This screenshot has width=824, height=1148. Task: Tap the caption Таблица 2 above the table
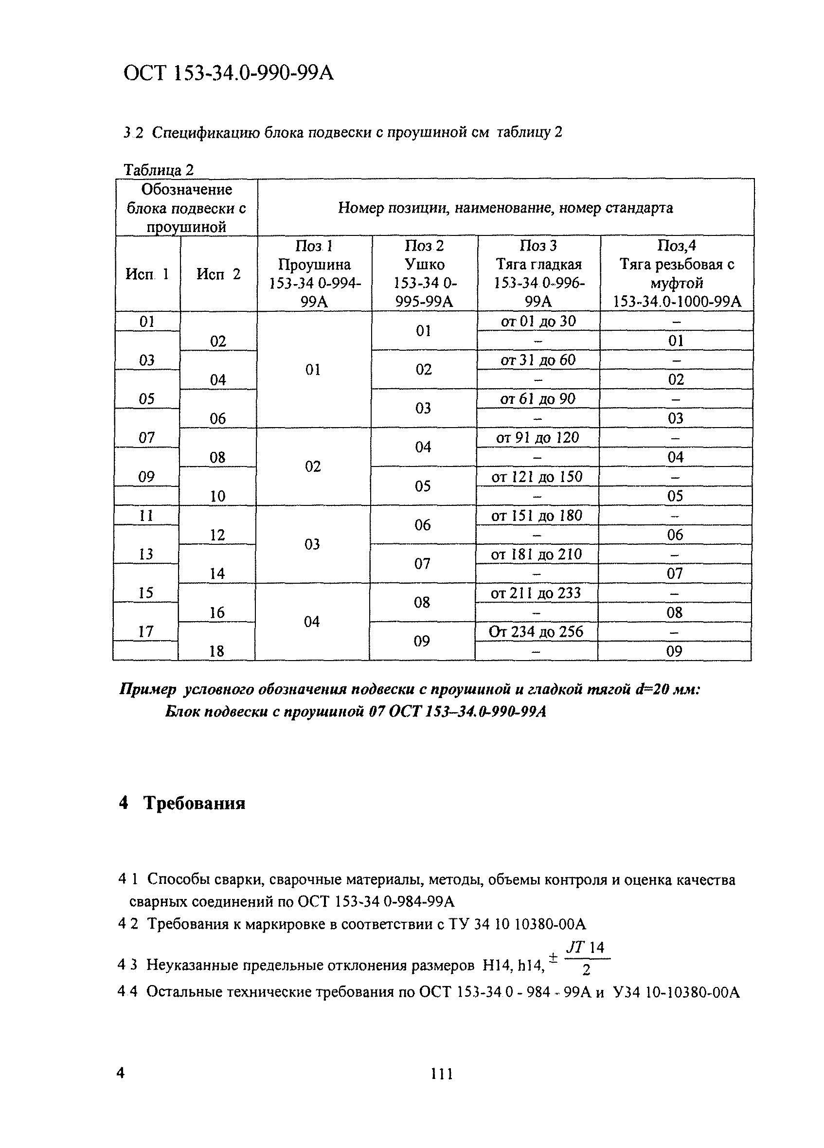point(159,170)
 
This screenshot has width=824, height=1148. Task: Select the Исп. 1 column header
point(147,274)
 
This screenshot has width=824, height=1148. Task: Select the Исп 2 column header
point(218,274)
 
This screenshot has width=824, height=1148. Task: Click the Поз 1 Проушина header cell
point(314,274)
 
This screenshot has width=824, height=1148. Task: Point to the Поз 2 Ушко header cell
point(424,274)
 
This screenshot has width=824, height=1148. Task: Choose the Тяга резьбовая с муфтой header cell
point(677,274)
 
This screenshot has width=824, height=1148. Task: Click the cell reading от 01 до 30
point(538,322)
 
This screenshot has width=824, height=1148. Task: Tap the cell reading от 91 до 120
point(537,438)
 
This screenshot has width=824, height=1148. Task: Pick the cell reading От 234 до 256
point(536,632)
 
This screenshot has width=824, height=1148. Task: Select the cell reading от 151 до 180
point(537,516)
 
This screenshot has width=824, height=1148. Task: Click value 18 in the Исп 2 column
point(216,651)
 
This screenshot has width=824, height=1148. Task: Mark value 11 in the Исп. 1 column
point(146,516)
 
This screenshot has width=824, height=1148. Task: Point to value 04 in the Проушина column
point(312,622)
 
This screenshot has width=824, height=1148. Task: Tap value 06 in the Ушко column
point(422,525)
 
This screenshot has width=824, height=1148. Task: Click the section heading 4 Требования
point(182,803)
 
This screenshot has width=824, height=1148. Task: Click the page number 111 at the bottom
point(441,1074)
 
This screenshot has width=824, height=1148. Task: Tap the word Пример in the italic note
point(148,690)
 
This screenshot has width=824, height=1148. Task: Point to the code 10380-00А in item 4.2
point(550,925)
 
